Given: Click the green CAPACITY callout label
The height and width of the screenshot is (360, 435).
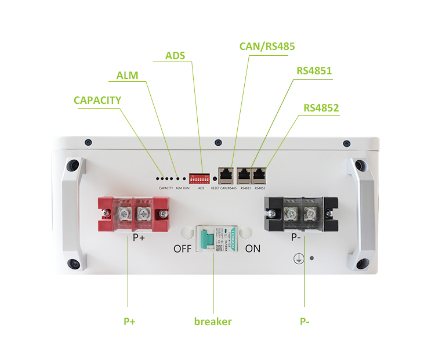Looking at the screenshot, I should pos(97,100).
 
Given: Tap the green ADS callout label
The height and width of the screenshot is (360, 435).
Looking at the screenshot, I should pos(175,56).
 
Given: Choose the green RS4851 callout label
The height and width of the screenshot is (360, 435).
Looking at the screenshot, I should pos(314,71).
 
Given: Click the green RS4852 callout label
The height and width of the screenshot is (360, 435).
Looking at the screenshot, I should pos(321,108).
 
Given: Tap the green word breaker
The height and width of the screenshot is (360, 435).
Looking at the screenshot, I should pos(213,321).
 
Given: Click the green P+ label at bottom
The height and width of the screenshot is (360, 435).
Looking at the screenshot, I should pos(129,321).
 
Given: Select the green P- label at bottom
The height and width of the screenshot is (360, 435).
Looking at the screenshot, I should pos(304,321).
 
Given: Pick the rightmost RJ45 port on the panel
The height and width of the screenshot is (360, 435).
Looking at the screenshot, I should pos(260,174).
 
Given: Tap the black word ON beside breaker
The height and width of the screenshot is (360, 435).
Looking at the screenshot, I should pos(253,249).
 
